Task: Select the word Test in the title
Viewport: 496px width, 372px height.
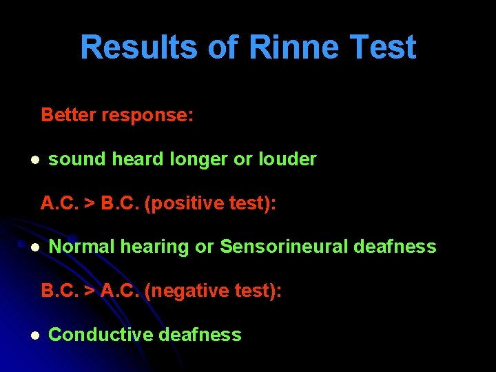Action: point(383,48)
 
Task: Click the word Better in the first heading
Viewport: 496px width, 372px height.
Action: point(69,115)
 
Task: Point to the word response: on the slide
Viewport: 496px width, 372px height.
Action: point(147,116)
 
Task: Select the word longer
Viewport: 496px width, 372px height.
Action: point(199,160)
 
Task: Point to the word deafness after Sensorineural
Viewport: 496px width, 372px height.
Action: point(395,247)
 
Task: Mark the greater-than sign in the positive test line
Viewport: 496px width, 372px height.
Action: point(90,204)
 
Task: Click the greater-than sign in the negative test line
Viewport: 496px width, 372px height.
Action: point(90,291)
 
